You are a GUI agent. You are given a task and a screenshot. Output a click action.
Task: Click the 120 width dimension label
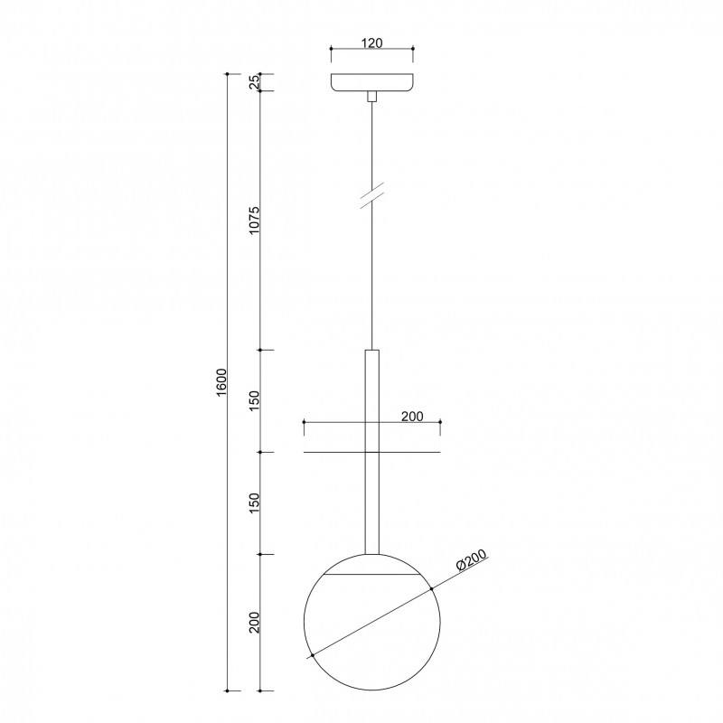click(x=371, y=42)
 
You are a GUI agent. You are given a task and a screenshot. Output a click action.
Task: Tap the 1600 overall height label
click(x=221, y=381)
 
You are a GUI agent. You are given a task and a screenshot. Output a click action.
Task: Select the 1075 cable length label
click(x=255, y=221)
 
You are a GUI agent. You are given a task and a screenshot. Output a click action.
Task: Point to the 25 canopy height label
click(x=255, y=82)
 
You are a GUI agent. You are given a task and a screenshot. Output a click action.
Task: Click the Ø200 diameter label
click(x=471, y=560)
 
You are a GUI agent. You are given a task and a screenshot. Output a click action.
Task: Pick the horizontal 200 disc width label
click(x=412, y=417)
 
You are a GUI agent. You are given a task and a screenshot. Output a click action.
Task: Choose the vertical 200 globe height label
click(x=255, y=623)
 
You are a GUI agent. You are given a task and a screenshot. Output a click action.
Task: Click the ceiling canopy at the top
click(x=372, y=82)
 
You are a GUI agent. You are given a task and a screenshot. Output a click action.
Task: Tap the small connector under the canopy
click(x=372, y=97)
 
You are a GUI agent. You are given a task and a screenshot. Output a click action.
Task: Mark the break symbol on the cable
click(x=372, y=196)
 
